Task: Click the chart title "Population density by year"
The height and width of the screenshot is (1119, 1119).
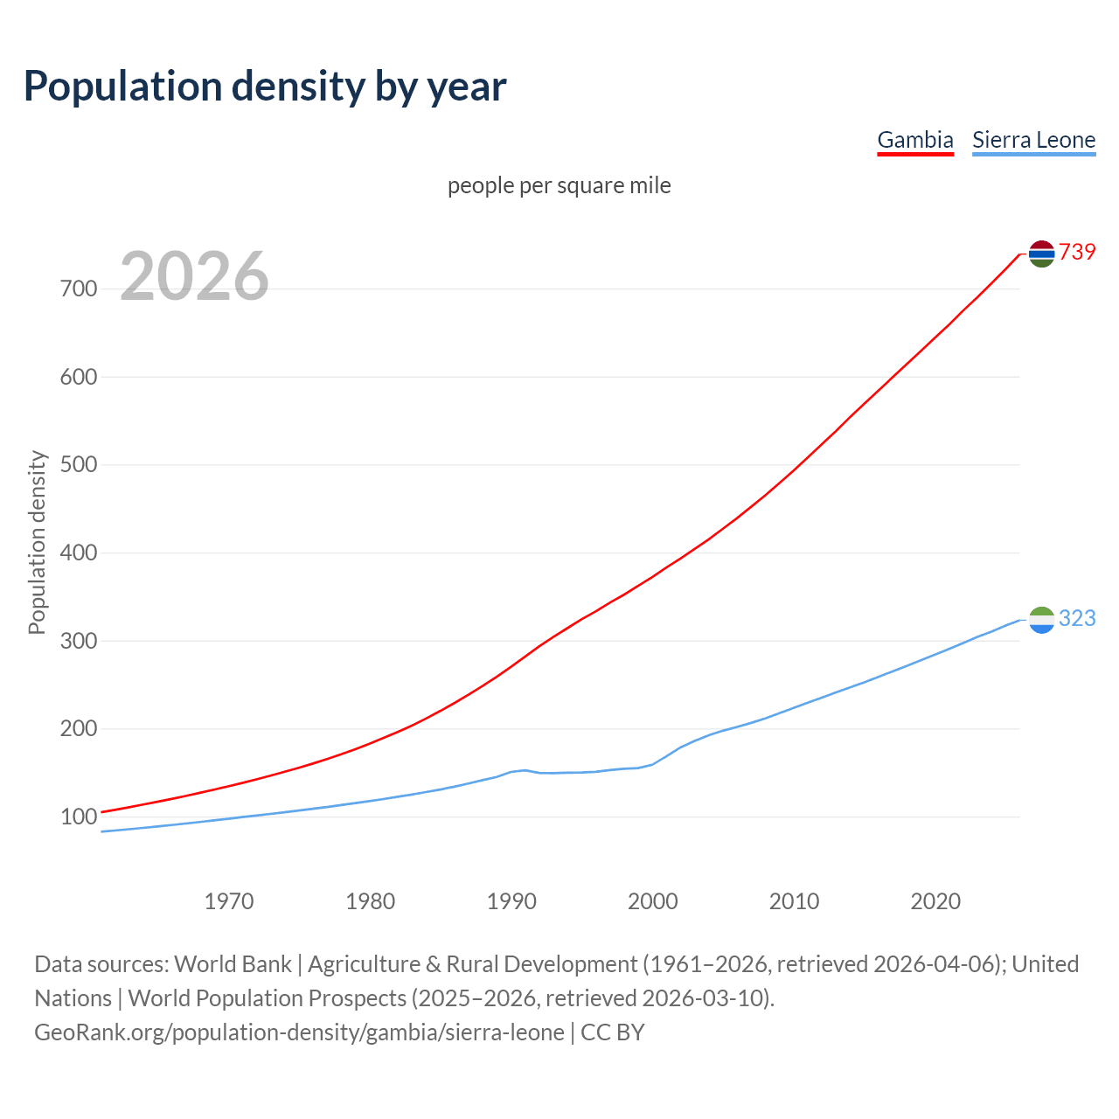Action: (x=265, y=87)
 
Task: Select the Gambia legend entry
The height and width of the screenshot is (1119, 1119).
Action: (x=914, y=140)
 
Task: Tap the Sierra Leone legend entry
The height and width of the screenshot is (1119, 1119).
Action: (x=1033, y=140)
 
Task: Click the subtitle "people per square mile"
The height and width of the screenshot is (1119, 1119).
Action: (x=559, y=185)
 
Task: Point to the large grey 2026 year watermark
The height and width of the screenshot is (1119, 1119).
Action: (x=194, y=276)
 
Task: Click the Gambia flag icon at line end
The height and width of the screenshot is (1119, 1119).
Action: (x=1041, y=254)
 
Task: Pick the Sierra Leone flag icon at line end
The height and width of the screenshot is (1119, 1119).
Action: (x=1041, y=620)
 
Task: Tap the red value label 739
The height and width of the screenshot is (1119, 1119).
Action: (x=1077, y=252)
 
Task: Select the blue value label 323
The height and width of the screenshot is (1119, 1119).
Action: (x=1077, y=618)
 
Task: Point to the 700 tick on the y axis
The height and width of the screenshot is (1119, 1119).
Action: (x=79, y=288)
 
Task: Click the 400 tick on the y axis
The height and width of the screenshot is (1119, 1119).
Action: (x=79, y=553)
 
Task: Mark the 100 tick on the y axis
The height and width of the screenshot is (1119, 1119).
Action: (x=79, y=817)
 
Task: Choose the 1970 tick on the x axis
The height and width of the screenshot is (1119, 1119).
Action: (x=229, y=900)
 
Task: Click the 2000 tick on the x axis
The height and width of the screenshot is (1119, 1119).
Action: (x=653, y=900)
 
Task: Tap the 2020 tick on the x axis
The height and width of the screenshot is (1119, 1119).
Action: (x=935, y=900)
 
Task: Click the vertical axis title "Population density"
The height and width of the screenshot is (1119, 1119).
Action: (x=37, y=542)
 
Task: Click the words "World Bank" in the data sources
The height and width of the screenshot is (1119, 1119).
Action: (x=233, y=964)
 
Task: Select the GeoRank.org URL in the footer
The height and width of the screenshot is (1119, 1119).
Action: (x=299, y=1032)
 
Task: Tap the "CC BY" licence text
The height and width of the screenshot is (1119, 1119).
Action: (x=613, y=1032)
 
